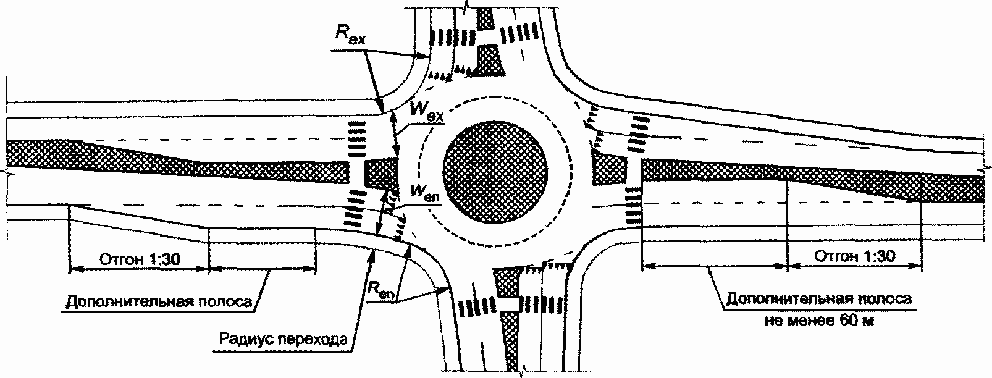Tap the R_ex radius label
click(350, 35)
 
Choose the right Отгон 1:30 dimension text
click(854, 256)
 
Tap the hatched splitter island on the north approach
click(489, 62)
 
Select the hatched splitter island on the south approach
click(508, 282)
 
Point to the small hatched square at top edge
click(486, 19)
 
